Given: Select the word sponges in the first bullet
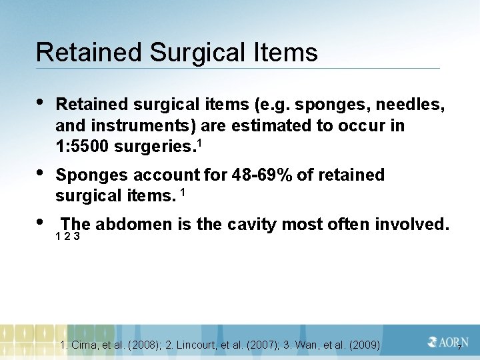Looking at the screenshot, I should click(325, 105).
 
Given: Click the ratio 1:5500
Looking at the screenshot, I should click(84, 146).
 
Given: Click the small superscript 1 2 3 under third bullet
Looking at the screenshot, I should click(68, 237).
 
